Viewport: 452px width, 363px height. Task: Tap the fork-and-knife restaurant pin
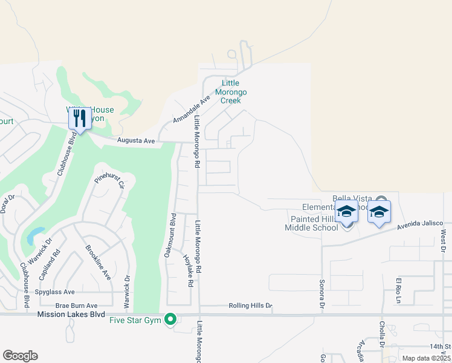[x=80, y=119]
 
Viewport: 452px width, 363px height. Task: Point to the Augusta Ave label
[x=136, y=140]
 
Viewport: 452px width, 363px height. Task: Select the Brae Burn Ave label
[x=76, y=306]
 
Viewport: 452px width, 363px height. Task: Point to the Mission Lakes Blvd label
[x=71, y=315]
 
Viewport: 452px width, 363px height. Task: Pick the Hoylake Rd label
[x=188, y=270]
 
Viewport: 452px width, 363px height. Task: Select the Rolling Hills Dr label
[x=250, y=306]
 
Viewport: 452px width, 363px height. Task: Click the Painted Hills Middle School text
[x=312, y=223]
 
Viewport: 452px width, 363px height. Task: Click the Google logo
[x=20, y=356]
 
